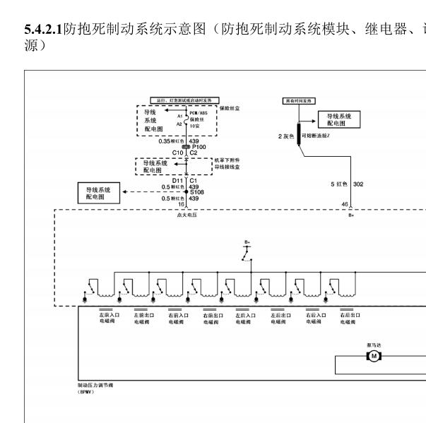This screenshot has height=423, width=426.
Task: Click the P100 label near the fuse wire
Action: (200, 147)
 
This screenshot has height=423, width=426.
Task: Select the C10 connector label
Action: (177, 153)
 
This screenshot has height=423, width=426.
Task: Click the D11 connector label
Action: (177, 180)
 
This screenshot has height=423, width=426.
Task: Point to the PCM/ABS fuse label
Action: (199, 113)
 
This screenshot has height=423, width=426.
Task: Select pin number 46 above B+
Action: (345, 204)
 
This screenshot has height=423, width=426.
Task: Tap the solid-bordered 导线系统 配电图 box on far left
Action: (100, 192)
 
